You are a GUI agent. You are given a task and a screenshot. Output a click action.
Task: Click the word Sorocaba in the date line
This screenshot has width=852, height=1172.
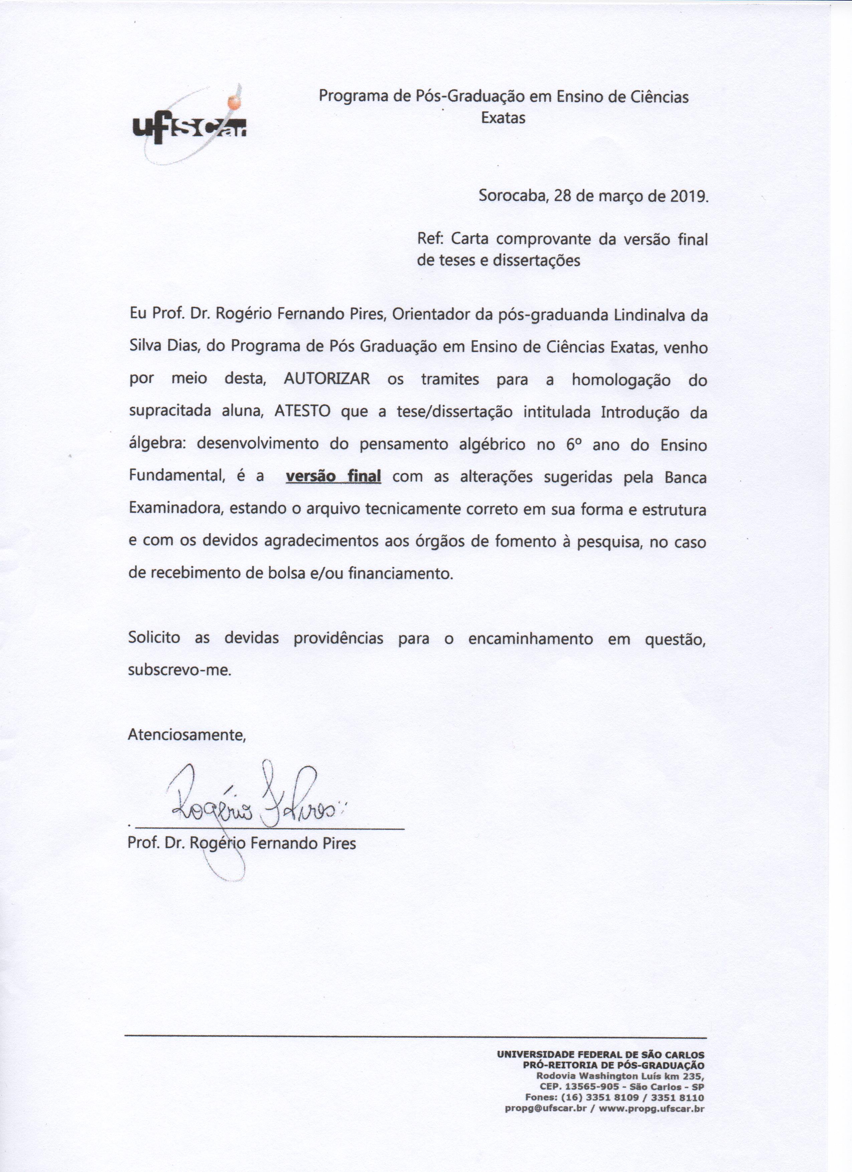tap(509, 196)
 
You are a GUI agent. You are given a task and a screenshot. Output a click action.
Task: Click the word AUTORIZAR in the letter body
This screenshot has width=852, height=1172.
tap(327, 379)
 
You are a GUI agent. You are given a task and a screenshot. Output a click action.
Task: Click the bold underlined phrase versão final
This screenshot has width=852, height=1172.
tap(333, 476)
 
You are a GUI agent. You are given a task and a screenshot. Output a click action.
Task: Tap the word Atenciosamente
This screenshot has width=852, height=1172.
tap(187, 734)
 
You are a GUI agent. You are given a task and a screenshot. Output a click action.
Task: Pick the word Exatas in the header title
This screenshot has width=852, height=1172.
tap(503, 118)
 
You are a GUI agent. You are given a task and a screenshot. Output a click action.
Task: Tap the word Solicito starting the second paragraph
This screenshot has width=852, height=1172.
tap(154, 638)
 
